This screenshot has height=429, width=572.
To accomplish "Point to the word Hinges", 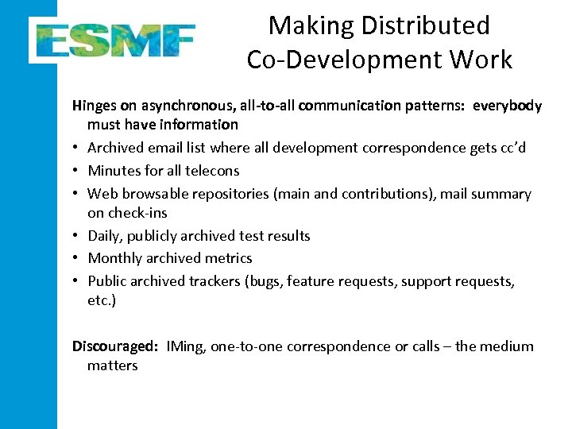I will tap(94, 106).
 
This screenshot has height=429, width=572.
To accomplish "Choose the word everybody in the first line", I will tap(507, 106).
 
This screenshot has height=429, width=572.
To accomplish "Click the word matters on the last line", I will tap(112, 365).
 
